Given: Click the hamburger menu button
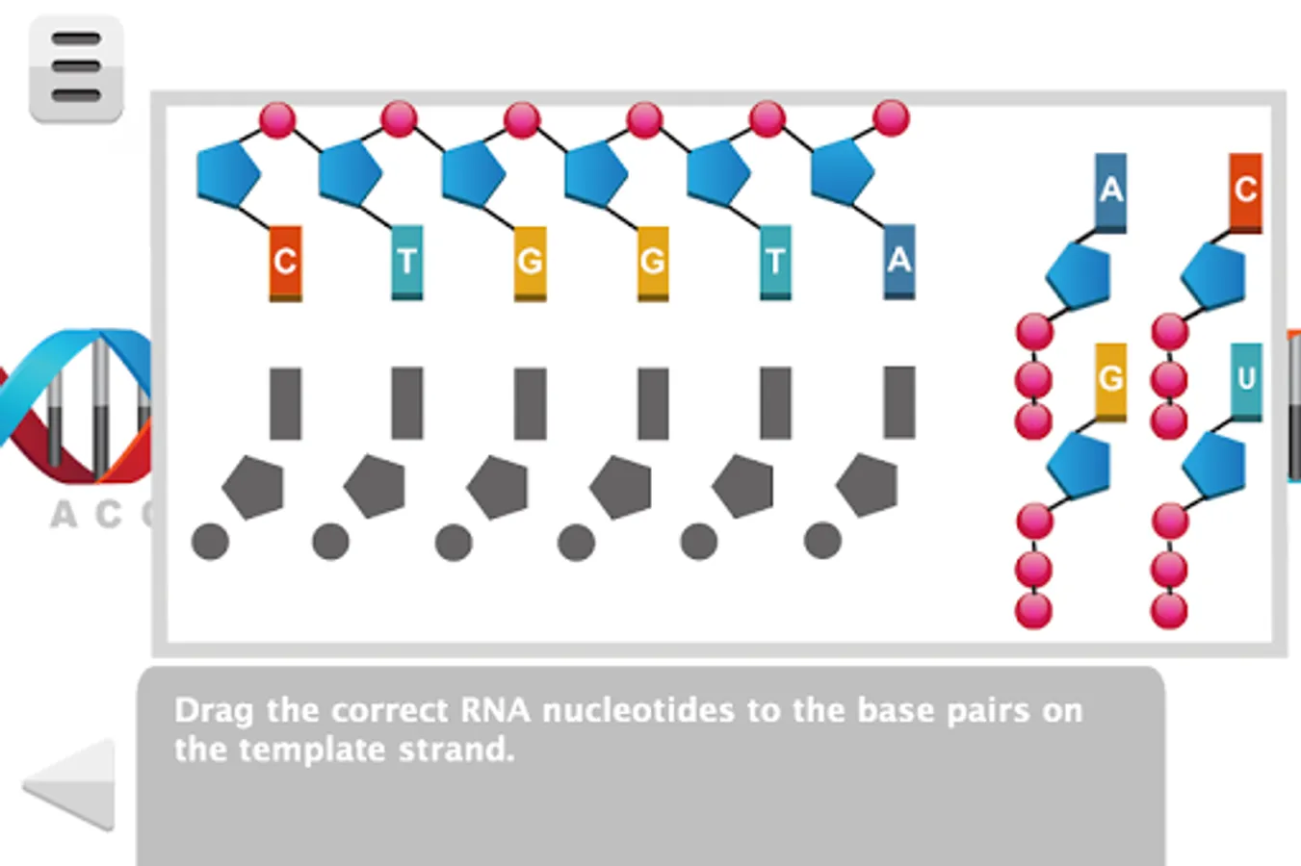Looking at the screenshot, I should pyautogui.click(x=76, y=68).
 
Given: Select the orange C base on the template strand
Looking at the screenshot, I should pyautogui.click(x=285, y=262).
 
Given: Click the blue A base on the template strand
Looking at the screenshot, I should pyautogui.click(x=898, y=261).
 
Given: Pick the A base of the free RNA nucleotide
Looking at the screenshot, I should pyautogui.click(x=1110, y=191).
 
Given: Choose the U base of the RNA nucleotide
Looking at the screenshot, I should pyautogui.click(x=1246, y=380).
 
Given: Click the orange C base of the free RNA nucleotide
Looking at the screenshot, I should pyautogui.click(x=1245, y=191).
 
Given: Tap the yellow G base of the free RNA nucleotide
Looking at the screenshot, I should pyautogui.click(x=1110, y=380).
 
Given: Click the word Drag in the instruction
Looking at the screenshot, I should pyautogui.click(x=214, y=711).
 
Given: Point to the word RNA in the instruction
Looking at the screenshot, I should pyautogui.click(x=495, y=711).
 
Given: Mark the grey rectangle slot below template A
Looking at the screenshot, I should pyautogui.click(x=898, y=402).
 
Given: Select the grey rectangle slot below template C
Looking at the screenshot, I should pyautogui.click(x=285, y=403).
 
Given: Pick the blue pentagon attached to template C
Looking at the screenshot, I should pyautogui.click(x=227, y=174).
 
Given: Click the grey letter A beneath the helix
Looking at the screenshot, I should pyautogui.click(x=63, y=515).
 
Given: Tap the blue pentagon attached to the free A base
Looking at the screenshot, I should pyautogui.click(x=1079, y=275).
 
